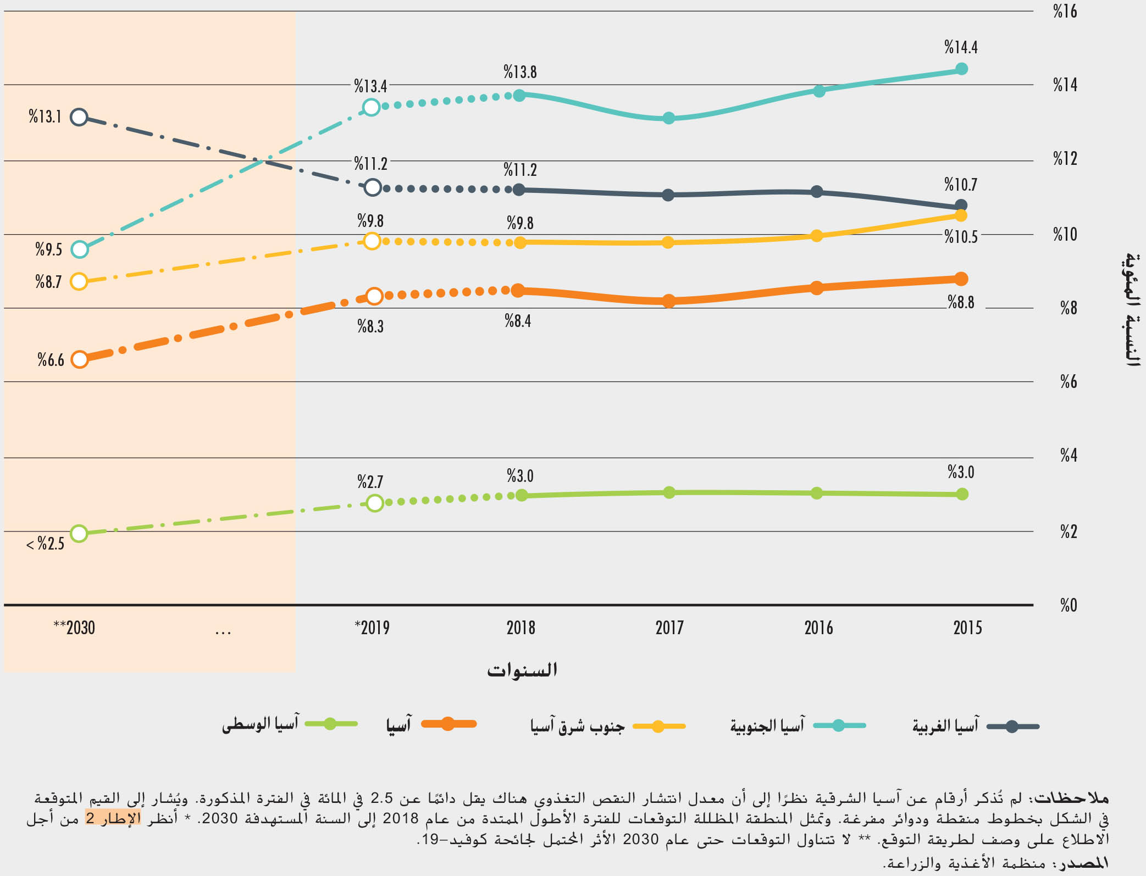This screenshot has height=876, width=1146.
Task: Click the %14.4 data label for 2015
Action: [x=961, y=47]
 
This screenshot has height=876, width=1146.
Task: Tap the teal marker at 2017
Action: [x=668, y=118]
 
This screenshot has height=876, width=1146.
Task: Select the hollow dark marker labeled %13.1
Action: [x=79, y=117]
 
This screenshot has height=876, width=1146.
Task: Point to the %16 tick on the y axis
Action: [x=1065, y=12]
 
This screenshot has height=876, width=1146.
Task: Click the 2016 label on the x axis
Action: [x=818, y=628]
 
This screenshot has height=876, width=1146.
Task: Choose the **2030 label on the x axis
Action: [x=74, y=628]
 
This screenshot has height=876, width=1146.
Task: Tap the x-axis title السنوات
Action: [x=522, y=670]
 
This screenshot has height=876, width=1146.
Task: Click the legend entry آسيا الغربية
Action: [x=945, y=726]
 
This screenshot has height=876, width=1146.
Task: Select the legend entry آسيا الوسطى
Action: [x=260, y=724]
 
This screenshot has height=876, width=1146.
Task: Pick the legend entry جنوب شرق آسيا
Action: [x=577, y=726]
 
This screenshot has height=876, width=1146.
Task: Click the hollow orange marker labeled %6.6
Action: [x=80, y=359]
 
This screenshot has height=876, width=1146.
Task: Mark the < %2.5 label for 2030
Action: [x=46, y=544]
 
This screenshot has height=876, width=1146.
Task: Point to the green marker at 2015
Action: [x=962, y=494]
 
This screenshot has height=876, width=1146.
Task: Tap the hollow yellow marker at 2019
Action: [x=372, y=241]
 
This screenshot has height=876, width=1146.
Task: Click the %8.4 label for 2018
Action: [x=518, y=321]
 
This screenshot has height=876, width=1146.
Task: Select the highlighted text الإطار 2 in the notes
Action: [x=113, y=818]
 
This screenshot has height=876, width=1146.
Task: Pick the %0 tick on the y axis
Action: [x=1069, y=605]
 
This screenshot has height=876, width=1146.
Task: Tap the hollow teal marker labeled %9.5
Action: [x=80, y=250]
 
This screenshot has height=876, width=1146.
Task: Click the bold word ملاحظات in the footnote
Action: [x=1071, y=797]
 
